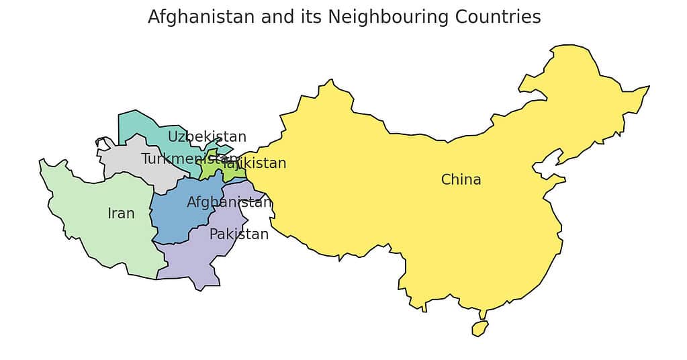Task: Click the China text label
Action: (461, 180)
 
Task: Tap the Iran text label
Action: (121, 214)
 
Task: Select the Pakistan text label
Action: (238, 234)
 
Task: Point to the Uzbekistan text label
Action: (207, 137)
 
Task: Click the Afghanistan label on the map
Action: (229, 202)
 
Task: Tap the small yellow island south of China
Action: (479, 328)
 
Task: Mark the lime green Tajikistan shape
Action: (214, 168)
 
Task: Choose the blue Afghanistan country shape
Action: (175, 215)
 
